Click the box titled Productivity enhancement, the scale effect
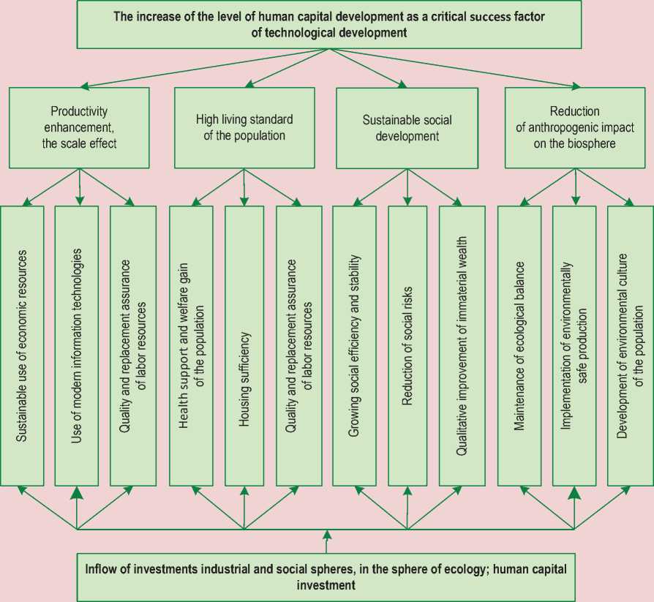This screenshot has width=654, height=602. pyautogui.click(x=79, y=128)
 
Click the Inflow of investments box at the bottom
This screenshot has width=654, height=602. pyautogui.click(x=326, y=576)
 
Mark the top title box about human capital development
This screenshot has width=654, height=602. pyautogui.click(x=326, y=24)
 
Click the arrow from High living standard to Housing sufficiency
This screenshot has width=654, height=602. pyautogui.click(x=244, y=187)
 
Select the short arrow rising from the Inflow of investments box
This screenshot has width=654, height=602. pyautogui.click(x=326, y=543)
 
